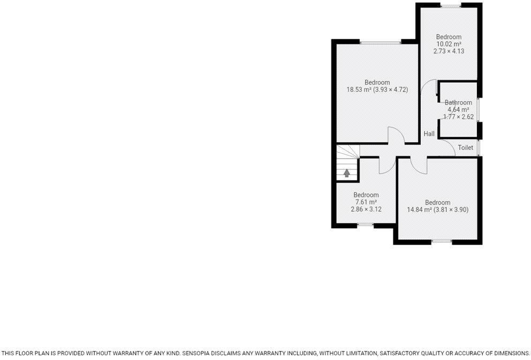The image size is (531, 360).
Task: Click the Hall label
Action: [x=429, y=133]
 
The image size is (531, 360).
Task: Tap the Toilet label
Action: [x=465, y=147]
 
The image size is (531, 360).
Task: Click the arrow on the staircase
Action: [x=347, y=172]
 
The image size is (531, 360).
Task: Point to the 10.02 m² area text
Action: [x=449, y=44]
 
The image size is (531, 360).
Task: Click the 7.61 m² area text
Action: [x=366, y=202]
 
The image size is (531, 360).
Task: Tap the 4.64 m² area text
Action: [x=458, y=109]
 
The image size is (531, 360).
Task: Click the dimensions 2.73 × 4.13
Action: [x=449, y=51]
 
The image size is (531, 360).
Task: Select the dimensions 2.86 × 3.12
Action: [x=366, y=209]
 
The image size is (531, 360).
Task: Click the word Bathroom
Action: [x=458, y=102]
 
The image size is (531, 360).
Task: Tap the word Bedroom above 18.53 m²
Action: [x=377, y=82]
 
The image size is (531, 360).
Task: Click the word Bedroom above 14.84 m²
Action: [x=437, y=202]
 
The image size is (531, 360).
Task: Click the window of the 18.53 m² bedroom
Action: [x=380, y=42]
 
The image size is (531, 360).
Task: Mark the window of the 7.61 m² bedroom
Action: [x=366, y=226]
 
